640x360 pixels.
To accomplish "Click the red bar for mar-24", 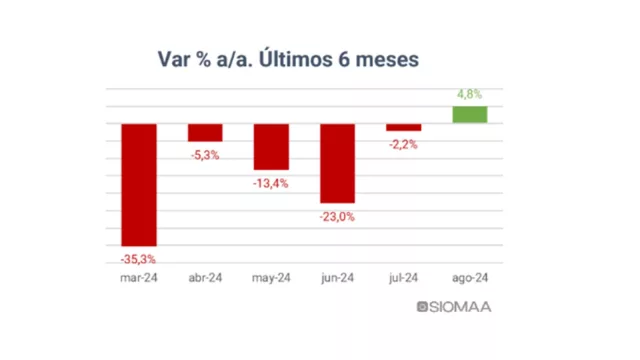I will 139,184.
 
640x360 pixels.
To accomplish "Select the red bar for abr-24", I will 205,133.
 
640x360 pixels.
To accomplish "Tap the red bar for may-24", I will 271,147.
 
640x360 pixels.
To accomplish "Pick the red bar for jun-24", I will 337,163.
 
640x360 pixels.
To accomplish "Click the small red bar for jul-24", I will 403,127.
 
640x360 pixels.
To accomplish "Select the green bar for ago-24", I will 469,115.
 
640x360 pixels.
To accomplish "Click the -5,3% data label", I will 205,155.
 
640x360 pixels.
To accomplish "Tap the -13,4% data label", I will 271,183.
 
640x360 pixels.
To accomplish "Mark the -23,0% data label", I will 337,216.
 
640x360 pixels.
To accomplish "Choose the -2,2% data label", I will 403,145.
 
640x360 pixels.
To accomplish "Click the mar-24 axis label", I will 139,279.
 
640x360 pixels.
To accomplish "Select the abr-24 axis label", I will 205,279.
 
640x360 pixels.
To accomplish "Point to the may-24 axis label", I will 271,279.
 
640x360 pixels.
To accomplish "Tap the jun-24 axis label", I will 337,279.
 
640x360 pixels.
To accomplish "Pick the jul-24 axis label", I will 403,279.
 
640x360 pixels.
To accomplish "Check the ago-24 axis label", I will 469,279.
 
